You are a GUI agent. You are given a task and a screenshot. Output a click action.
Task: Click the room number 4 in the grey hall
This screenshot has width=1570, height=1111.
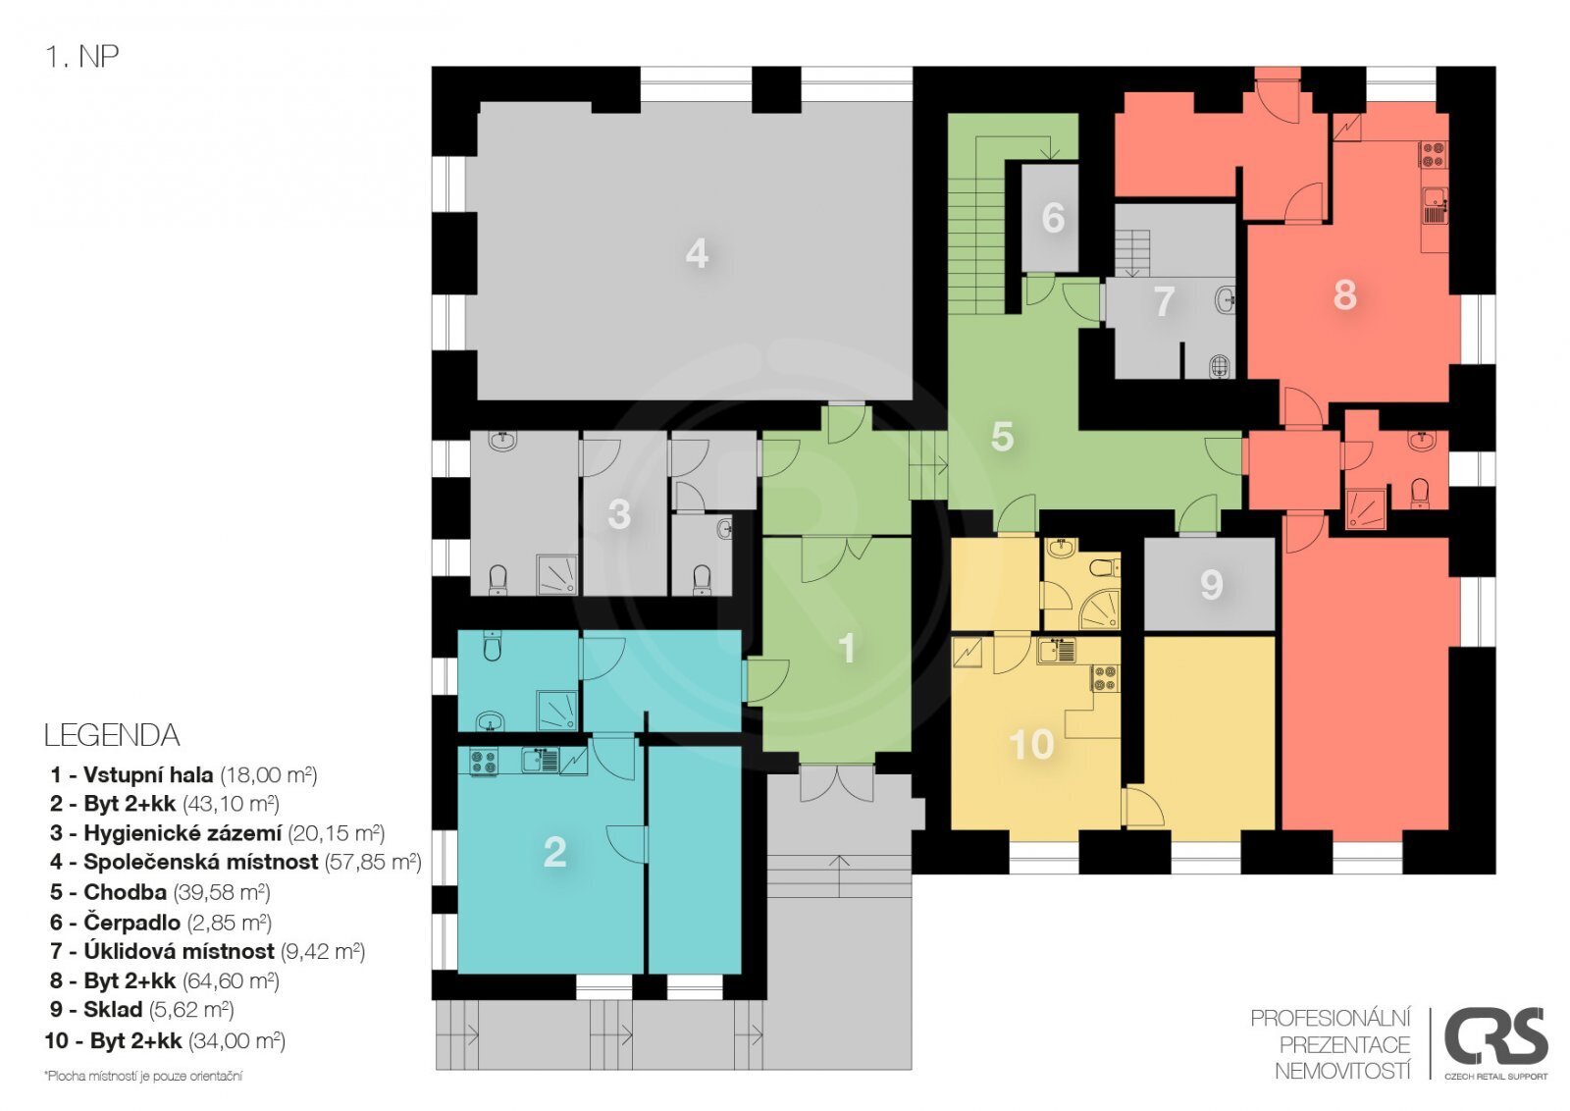point(697,253)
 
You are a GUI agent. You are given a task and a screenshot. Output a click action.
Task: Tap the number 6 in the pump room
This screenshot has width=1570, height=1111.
point(1053,217)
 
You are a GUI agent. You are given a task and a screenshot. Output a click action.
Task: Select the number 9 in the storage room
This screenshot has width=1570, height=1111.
point(1212,585)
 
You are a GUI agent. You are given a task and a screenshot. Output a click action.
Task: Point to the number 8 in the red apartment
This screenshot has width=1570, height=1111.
point(1344,295)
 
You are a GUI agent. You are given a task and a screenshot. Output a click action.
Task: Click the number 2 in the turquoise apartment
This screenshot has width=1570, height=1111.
point(555,852)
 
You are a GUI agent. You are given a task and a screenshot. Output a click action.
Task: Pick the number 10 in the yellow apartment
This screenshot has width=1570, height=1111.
point(1031,744)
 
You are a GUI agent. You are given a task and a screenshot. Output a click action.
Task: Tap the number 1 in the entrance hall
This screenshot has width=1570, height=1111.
point(848,649)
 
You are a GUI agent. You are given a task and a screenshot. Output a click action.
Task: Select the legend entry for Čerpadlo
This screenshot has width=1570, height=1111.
point(161,923)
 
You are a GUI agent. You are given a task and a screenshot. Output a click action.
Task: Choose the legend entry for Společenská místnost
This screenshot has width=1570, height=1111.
point(235,862)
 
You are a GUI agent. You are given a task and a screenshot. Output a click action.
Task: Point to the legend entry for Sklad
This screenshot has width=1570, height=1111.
point(141,1009)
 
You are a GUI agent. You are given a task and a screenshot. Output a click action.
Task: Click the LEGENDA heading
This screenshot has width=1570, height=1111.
point(112,735)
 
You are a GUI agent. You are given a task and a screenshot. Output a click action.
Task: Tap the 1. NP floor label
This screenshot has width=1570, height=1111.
point(82,57)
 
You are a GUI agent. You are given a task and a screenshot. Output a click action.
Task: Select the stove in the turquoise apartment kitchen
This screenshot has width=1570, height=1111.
point(483,762)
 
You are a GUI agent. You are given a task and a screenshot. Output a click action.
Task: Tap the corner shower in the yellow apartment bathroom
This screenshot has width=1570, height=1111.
point(1100,608)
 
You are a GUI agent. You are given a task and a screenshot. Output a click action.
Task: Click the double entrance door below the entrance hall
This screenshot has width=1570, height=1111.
point(837,783)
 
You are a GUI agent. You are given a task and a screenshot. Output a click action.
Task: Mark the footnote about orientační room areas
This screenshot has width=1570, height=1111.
point(143,1076)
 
